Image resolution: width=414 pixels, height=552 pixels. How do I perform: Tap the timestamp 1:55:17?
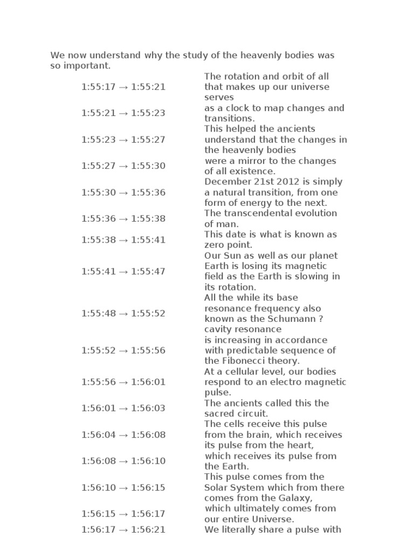click(98, 87)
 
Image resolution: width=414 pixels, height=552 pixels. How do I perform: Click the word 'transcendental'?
click(255, 213)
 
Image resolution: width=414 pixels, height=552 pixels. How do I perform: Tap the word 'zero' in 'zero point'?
click(215, 245)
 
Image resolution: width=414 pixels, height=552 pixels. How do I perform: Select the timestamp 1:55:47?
click(149, 271)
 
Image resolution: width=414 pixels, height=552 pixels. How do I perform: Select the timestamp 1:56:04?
click(98, 434)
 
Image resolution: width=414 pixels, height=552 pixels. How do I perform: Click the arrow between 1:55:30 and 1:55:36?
click(124, 192)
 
